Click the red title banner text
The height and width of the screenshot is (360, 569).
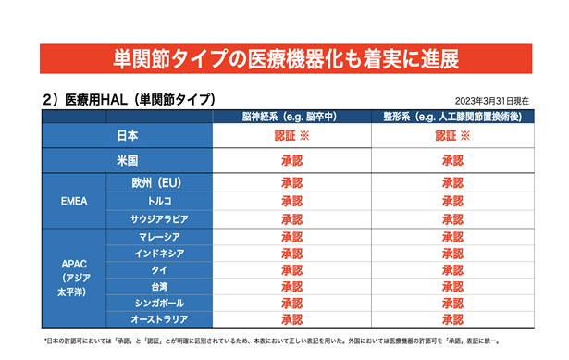coord(286,59)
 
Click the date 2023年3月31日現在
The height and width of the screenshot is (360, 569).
coord(491,101)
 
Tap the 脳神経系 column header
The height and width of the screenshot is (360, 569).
coord(290,117)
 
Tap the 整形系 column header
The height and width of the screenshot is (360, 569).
coord(452,117)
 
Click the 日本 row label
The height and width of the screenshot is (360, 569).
coord(128,136)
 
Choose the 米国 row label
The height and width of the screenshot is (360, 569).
coord(128,160)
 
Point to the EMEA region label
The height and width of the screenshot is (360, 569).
coord(74,201)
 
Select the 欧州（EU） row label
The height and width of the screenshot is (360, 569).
coord(156,182)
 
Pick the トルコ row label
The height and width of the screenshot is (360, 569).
coord(159,201)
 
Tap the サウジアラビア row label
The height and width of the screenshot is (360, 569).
coord(159,219)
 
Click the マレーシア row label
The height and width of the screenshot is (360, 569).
coord(159,237)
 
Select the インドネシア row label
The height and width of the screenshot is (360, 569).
coord(159,254)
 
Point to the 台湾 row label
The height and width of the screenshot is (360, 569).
coord(159,287)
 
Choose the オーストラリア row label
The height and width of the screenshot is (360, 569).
coord(159,319)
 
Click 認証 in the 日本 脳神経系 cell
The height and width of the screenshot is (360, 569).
coord(285,136)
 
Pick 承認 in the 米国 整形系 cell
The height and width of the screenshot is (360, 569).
coord(452,160)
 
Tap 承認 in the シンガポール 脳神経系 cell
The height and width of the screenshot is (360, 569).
coord(291,303)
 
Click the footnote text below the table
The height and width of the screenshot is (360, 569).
coord(272,341)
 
